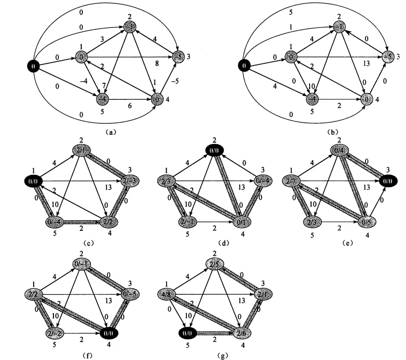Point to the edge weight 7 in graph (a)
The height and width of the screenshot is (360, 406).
coord(105,86)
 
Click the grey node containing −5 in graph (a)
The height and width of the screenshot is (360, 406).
coord(177,57)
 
